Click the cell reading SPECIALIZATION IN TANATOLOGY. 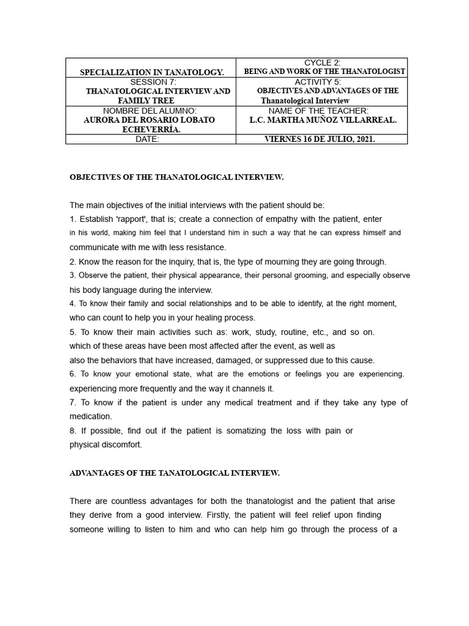point(152,72)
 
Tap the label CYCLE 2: point(322,63)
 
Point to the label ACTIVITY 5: point(322,81)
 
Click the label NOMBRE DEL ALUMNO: point(151,111)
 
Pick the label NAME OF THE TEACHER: point(322,111)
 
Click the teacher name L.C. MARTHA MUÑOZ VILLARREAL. point(323,120)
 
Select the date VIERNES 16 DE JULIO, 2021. point(320,139)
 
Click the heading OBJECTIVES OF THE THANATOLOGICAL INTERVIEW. point(176,177)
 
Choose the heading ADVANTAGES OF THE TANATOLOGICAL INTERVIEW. point(175,473)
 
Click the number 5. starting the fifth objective point(73,332)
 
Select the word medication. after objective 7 point(90,416)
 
